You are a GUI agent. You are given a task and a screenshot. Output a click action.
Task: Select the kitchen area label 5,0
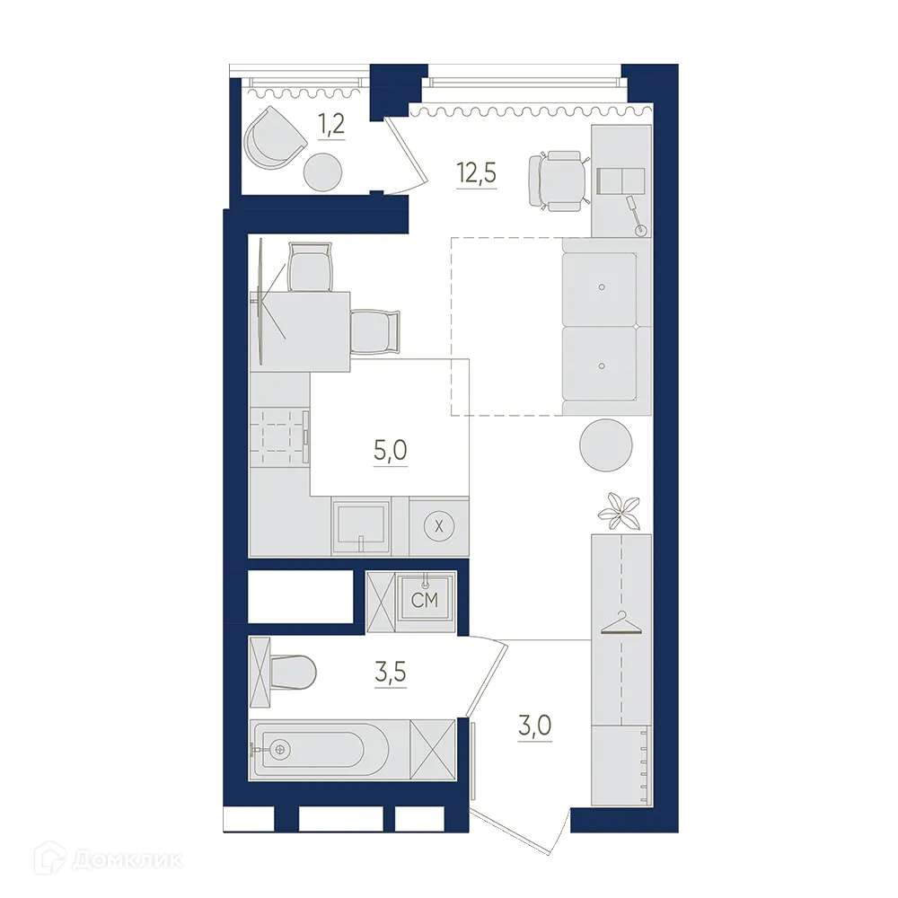[x=391, y=449]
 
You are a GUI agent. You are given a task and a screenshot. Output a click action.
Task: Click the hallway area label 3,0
[x=534, y=724]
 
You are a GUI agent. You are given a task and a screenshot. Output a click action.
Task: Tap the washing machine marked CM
[x=424, y=600]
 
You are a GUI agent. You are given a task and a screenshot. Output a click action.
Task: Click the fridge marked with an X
[x=438, y=527]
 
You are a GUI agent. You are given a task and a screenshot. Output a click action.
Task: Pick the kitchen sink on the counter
[x=361, y=526]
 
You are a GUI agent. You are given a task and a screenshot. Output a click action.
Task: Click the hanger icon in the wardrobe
[x=620, y=623]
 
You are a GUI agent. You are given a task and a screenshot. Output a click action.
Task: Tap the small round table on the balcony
[x=321, y=171]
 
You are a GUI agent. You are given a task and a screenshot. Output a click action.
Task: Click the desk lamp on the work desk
[x=636, y=216]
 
